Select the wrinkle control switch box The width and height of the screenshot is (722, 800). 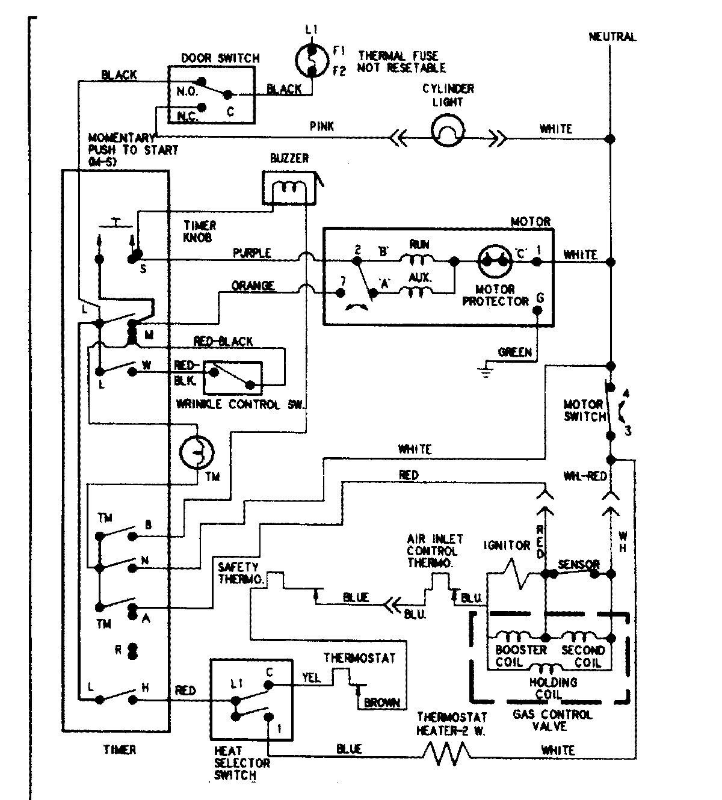233,378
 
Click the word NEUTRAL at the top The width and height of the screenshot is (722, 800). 611,37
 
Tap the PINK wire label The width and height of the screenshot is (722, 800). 321,127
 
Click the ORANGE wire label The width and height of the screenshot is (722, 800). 253,285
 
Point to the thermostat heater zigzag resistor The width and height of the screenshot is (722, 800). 447,752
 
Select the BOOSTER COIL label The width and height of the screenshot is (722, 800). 512,656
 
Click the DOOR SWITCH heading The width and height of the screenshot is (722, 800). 220,58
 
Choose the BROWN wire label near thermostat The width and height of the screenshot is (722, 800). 381,702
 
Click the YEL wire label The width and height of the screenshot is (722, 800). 311,678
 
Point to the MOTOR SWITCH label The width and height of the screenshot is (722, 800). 583,410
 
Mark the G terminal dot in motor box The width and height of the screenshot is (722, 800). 538,310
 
